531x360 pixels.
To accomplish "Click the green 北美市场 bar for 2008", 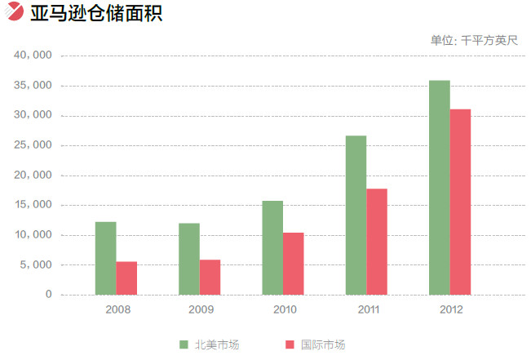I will pos(105,258).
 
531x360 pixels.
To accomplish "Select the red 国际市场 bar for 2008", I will pos(126,278).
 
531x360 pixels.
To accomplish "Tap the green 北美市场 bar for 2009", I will pos(189,259).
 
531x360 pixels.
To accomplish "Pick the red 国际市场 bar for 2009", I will pos(210,278).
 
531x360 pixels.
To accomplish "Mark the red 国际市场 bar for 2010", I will pos(294,264).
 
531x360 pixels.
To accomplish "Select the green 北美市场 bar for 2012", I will pos(439,188).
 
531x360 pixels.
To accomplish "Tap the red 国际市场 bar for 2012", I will pos(460,202).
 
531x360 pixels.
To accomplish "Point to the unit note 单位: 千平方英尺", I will pos(474,39).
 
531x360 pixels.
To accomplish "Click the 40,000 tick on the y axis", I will pos(33,56).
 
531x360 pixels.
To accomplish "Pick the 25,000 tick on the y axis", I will pos(33,145).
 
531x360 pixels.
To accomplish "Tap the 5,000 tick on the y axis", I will pos(37,264).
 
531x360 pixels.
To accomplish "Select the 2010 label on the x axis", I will pos(284,310).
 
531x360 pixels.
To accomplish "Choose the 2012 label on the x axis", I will pos(450,310).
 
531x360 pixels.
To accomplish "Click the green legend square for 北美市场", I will pos(184,345).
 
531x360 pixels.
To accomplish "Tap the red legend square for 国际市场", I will pos(290,345).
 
